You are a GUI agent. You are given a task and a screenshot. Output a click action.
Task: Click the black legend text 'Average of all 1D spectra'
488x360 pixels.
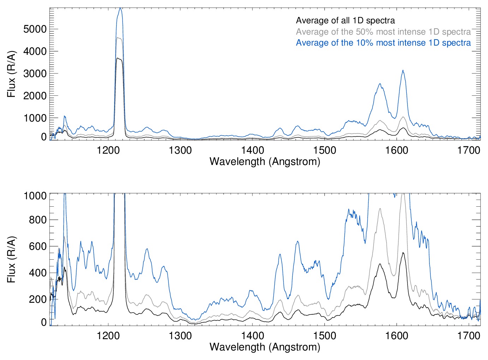(x=345, y=20)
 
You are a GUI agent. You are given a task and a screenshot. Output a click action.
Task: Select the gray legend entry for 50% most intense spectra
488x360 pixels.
(x=383, y=32)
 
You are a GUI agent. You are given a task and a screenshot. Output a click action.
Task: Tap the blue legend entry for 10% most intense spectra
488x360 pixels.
(x=383, y=43)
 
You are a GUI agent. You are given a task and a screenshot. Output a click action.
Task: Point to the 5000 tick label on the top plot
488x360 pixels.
(x=35, y=29)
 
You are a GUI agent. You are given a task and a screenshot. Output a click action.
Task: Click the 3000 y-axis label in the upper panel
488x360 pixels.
(x=35, y=74)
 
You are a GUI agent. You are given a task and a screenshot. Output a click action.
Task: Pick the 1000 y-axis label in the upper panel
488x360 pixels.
(x=35, y=118)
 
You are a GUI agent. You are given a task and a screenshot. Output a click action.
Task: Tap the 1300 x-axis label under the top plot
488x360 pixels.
(x=180, y=150)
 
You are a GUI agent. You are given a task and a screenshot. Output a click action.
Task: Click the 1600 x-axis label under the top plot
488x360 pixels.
(x=397, y=150)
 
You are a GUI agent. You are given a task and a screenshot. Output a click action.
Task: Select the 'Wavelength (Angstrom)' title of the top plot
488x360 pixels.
(x=265, y=161)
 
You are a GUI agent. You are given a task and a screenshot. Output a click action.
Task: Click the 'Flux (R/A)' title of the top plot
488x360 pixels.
(x=12, y=74)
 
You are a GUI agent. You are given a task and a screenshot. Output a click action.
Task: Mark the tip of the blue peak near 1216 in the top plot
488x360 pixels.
(x=120, y=8)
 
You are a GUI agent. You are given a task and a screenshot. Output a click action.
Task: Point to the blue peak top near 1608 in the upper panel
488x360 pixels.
(x=403, y=70)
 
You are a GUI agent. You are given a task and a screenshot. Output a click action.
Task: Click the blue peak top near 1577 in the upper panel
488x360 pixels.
(x=380, y=84)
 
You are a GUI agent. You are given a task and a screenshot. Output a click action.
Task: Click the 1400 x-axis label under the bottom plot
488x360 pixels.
(x=252, y=336)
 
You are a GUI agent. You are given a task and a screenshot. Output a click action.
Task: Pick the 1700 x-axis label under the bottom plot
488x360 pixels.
(x=469, y=336)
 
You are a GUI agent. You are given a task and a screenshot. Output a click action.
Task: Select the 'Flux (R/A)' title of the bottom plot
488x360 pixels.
(x=12, y=260)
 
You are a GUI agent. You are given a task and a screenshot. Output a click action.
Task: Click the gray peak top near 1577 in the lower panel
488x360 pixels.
(x=380, y=208)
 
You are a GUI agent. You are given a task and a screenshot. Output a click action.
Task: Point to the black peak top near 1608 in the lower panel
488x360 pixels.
(x=403, y=253)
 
